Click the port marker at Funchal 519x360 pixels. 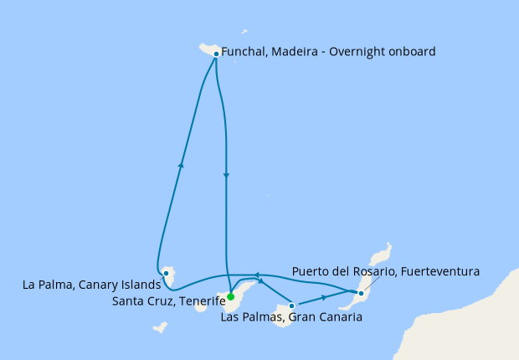[x=216, y=54]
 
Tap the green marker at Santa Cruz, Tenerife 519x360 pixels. [x=230, y=296]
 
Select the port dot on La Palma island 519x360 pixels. [x=167, y=273]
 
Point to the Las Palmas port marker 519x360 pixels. [x=291, y=306]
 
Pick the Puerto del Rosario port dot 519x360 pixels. [x=361, y=293]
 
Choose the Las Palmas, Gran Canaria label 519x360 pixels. [x=291, y=317]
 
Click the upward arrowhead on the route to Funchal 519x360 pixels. [x=181, y=165]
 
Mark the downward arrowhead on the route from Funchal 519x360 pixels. [x=226, y=175]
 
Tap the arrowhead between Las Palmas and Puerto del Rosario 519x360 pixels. [x=324, y=297]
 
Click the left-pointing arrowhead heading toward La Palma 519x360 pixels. [x=257, y=275]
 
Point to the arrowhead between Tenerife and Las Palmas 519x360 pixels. [x=260, y=291]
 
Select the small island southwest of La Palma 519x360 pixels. [x=159, y=327]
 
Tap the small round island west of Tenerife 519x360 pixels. [x=202, y=306]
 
